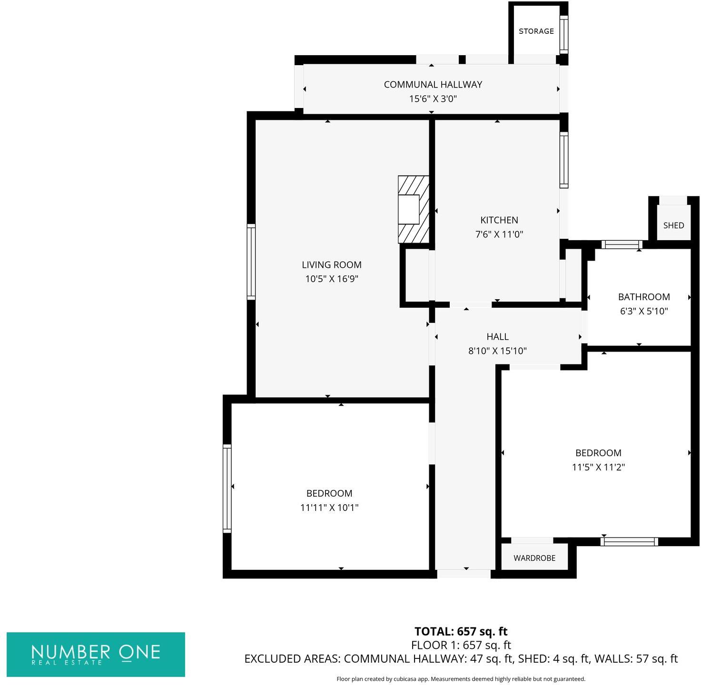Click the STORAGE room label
(x=536, y=31)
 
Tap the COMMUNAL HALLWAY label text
(x=433, y=85)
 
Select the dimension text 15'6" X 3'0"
(x=433, y=99)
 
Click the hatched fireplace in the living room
(x=413, y=209)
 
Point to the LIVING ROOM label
(x=331, y=265)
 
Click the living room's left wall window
(x=251, y=262)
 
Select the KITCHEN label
(x=499, y=220)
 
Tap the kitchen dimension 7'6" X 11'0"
(x=499, y=235)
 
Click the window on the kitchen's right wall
(x=563, y=160)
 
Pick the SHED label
(x=673, y=225)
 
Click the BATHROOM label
(x=643, y=297)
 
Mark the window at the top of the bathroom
(x=622, y=245)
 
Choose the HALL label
(x=497, y=337)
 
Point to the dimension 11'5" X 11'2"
(x=598, y=467)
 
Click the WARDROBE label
(x=534, y=558)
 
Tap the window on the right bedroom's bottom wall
(x=629, y=541)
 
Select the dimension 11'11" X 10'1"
(x=329, y=508)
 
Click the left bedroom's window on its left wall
(x=227, y=489)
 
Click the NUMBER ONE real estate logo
(x=96, y=654)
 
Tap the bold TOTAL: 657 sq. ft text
(x=461, y=631)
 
